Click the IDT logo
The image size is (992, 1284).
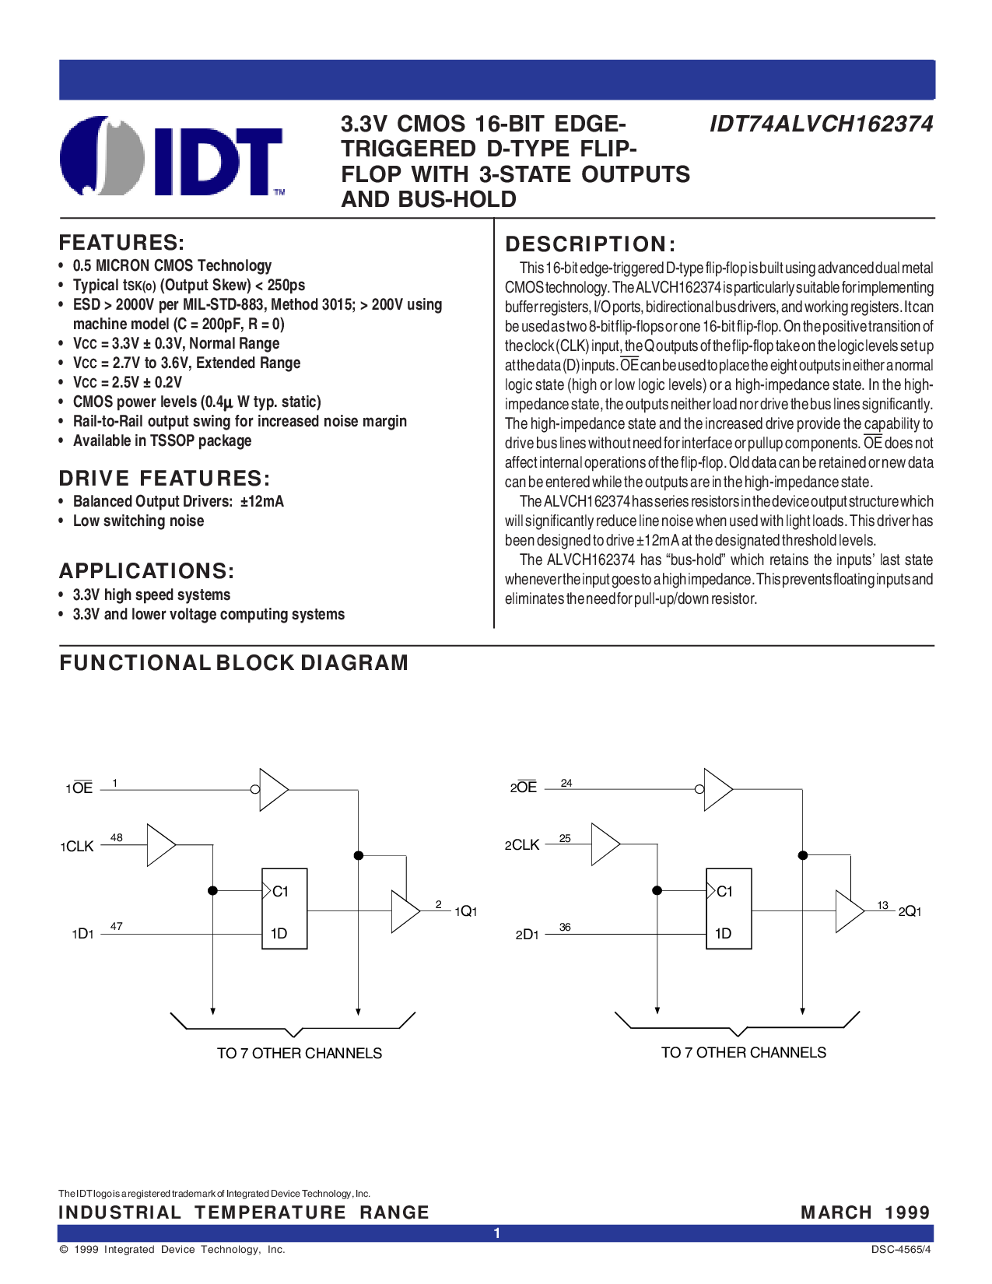click(x=171, y=156)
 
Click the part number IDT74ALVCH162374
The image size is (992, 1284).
click(x=822, y=124)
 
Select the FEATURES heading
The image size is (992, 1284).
click(x=121, y=243)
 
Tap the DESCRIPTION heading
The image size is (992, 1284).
click(x=591, y=244)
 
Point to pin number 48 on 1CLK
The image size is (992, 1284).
click(x=117, y=837)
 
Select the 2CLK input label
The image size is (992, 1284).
click(x=522, y=845)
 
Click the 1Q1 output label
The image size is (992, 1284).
click(x=465, y=911)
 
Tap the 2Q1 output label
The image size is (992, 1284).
click(x=910, y=911)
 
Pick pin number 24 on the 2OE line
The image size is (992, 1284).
click(x=566, y=783)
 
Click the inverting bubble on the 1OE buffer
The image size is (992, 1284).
click(x=255, y=789)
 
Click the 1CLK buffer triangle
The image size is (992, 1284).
click(x=161, y=845)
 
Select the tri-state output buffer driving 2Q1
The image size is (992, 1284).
click(x=850, y=911)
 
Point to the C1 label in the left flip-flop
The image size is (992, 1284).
click(x=280, y=891)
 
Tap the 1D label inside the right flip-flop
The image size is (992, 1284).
click(x=723, y=934)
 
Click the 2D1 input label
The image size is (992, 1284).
click(x=527, y=934)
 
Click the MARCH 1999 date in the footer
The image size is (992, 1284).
click(x=865, y=1212)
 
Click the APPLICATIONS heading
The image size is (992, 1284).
click(x=146, y=571)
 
